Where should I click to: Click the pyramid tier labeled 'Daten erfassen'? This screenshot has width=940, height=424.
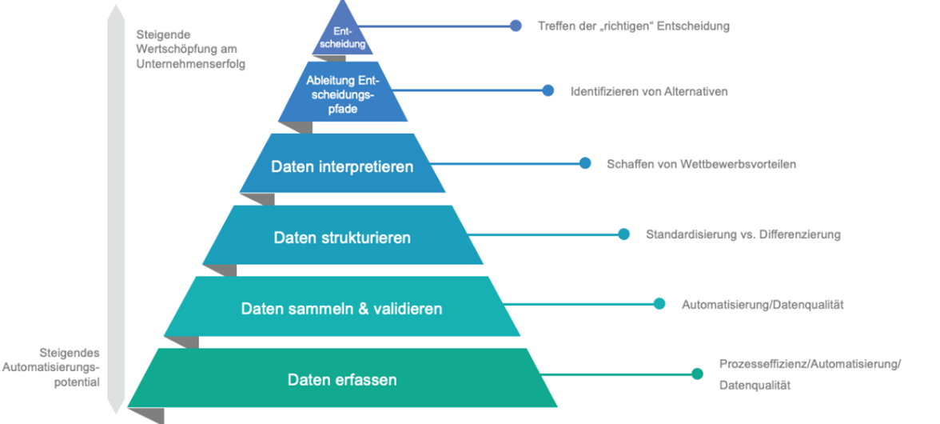tap(342, 378)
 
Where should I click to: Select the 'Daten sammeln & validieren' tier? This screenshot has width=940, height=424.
tap(341, 308)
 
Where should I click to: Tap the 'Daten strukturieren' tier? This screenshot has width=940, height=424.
tap(342, 238)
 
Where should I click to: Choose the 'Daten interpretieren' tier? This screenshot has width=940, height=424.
tap(342, 166)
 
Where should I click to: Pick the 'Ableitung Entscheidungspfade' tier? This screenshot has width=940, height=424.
tap(342, 94)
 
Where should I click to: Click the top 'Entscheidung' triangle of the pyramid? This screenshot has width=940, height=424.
tap(343, 36)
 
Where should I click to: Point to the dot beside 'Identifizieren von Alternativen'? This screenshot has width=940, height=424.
tap(548, 91)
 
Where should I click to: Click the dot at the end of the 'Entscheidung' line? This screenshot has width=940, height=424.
tap(516, 26)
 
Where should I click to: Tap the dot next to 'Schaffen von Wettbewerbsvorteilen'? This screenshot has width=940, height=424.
tap(585, 163)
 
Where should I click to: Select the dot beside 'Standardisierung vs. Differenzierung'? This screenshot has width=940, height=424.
tap(624, 234)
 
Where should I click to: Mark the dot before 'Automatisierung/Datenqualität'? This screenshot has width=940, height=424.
tap(659, 304)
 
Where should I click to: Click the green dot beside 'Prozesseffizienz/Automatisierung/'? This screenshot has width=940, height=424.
tap(697, 374)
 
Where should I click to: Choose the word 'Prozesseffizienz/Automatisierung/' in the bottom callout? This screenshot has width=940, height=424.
tap(810, 364)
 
